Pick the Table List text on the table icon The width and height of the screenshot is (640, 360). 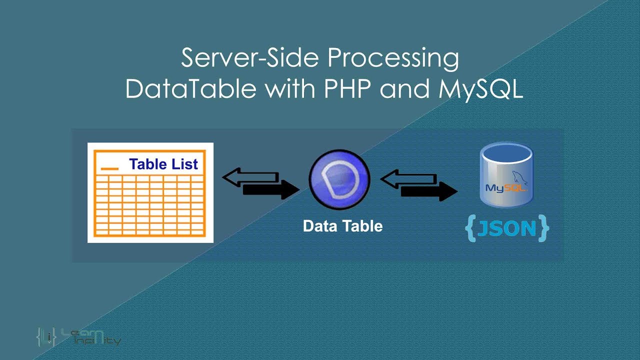(x=163, y=164)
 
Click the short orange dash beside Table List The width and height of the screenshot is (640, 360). (x=110, y=168)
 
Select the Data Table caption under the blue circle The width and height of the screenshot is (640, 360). (x=342, y=226)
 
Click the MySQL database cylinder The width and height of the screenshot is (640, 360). (x=507, y=175)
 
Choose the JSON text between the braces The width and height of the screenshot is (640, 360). (x=507, y=228)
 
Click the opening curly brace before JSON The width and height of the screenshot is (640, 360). (x=470, y=228)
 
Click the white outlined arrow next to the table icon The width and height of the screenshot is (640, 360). (x=250, y=177)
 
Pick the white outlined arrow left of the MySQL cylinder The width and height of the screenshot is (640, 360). (x=408, y=178)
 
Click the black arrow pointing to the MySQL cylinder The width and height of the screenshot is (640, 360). (x=429, y=191)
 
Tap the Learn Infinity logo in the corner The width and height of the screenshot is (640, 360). (x=78, y=337)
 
